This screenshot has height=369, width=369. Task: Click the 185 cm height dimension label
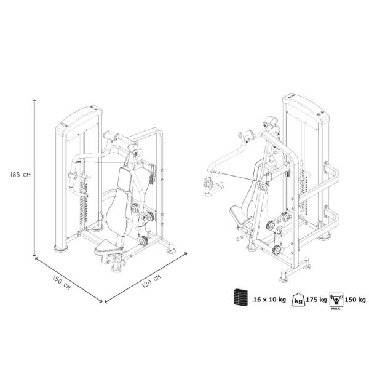[x=20, y=175]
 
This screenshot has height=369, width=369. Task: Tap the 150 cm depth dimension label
[x=61, y=282]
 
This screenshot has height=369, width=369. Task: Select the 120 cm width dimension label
[x=151, y=281]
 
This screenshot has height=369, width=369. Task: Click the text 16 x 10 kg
[x=269, y=300]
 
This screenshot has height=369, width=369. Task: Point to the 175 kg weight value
[x=316, y=300]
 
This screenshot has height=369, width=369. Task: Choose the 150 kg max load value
[x=355, y=300]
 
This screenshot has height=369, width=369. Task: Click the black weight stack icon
[x=240, y=298]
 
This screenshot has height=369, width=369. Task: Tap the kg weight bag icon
[x=298, y=300]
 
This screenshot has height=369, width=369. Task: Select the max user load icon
[x=336, y=300]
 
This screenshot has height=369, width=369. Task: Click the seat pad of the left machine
[x=108, y=248]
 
